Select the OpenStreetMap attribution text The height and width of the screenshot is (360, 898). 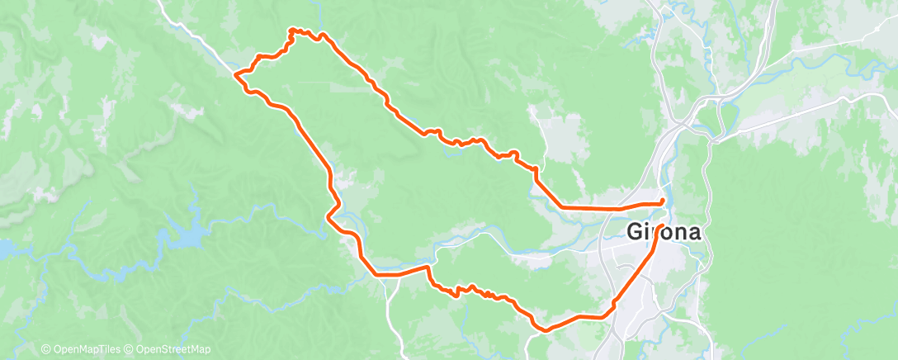173,350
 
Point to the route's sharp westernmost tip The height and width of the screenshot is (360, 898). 236,74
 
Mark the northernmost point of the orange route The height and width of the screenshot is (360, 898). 291,30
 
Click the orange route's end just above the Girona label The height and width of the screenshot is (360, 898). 664,201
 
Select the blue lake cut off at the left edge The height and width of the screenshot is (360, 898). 4,247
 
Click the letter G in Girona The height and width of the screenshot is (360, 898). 636,232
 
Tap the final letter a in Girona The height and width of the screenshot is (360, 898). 694,233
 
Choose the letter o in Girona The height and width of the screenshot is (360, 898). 664,233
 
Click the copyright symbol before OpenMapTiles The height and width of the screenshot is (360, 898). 46,350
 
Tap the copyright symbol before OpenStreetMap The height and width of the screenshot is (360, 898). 130,350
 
